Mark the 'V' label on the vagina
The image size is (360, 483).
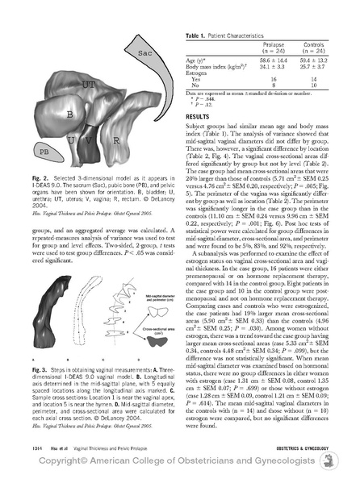click(x=96, y=140)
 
